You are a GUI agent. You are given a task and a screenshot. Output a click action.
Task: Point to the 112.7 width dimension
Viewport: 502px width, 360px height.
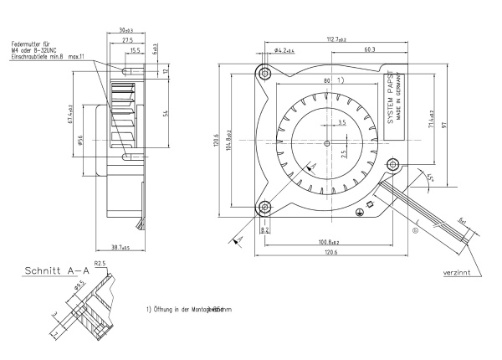(337, 39)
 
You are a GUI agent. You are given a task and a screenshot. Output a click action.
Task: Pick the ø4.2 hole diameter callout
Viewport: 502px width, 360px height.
(284, 52)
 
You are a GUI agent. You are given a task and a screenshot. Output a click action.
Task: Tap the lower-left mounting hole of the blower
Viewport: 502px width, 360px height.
(264, 206)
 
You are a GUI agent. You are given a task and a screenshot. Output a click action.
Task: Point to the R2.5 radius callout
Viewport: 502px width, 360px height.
(99, 264)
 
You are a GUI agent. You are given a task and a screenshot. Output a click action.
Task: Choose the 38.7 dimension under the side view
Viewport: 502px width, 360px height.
(122, 248)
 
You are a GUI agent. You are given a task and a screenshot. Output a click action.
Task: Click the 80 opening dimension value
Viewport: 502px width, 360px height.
(326, 81)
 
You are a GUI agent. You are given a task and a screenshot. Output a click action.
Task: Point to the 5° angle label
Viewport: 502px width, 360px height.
(432, 177)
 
